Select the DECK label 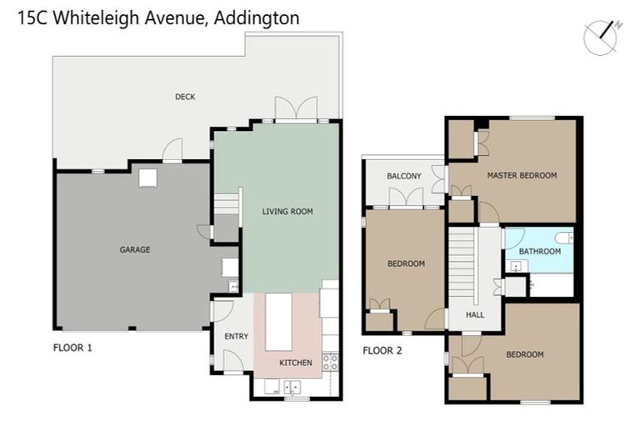coord(185,97)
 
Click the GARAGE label coord(134,249)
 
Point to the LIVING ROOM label coord(287,212)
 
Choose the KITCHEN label coord(295,363)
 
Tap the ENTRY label coord(236,337)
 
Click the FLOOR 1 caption coord(72,348)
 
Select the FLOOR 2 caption coord(382,350)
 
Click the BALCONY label coord(404,176)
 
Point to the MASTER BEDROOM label coord(522,175)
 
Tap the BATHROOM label coord(539,251)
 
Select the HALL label coord(475,315)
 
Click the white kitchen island coord(278,321)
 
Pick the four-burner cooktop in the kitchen coord(330,362)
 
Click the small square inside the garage coord(147,177)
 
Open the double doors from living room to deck coord(296,108)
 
